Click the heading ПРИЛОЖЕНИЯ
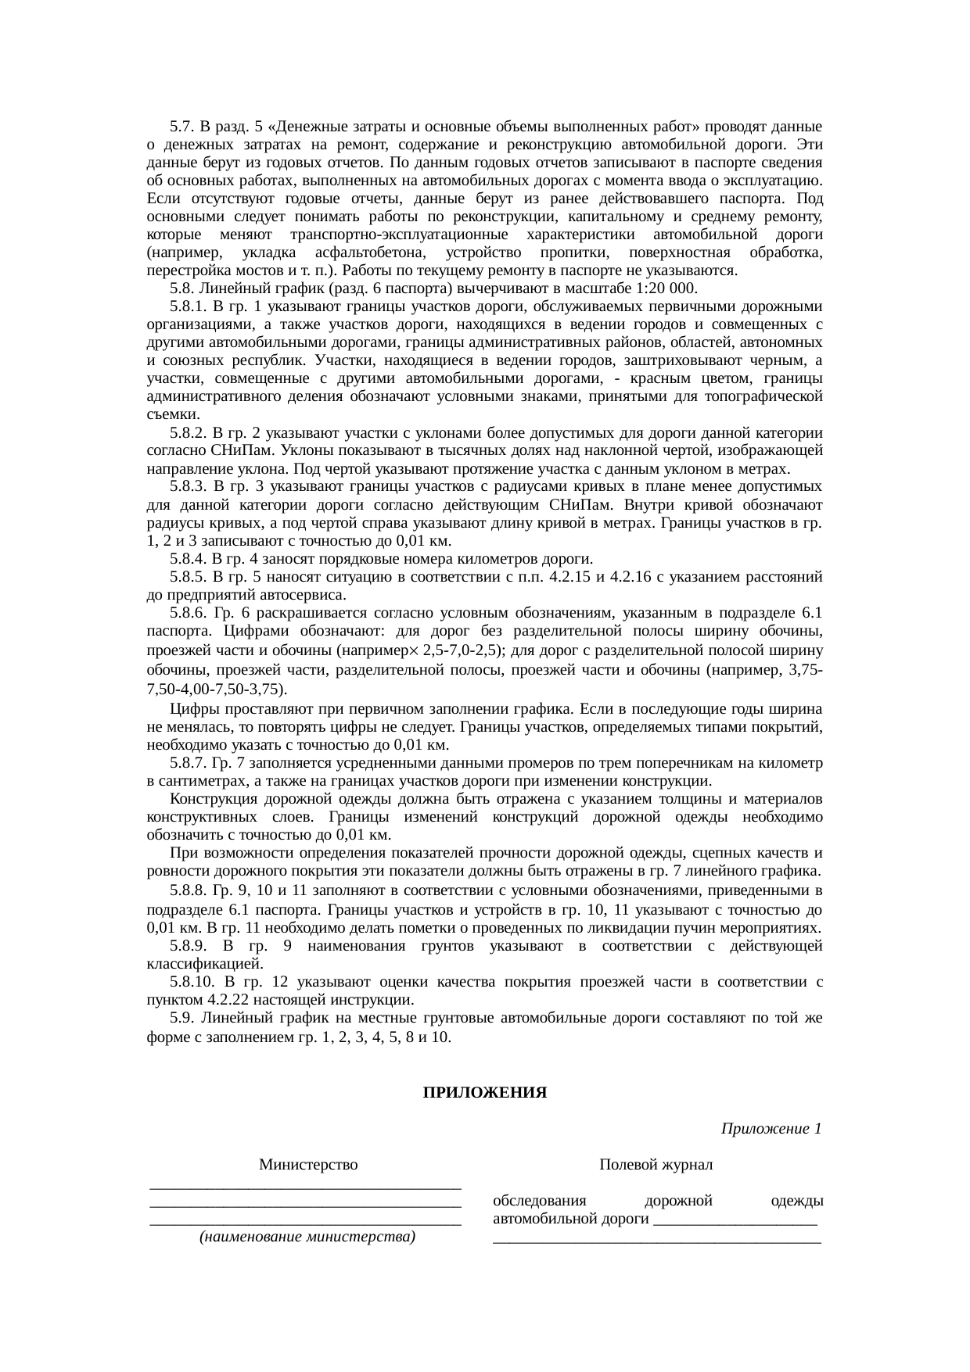coord(484,1092)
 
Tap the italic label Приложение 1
coord(771,1129)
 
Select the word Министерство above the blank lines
coord(308,1165)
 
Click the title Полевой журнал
coord(656,1165)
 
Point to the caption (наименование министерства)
coord(307,1237)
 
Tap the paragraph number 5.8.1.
coord(188,306)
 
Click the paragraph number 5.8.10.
coord(192,982)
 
